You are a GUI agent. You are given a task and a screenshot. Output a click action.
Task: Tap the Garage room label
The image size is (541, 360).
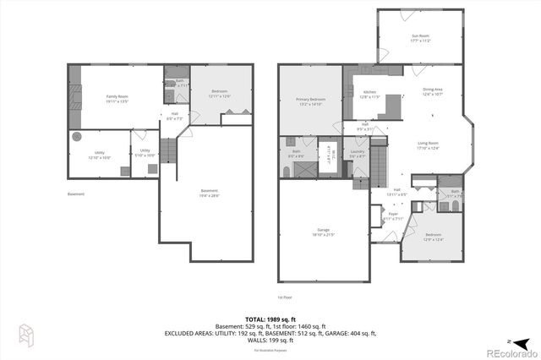pos(323,231)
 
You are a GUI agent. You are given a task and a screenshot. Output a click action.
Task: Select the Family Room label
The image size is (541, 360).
pos(117,98)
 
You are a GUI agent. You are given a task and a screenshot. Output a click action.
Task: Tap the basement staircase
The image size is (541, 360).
pos(169,151)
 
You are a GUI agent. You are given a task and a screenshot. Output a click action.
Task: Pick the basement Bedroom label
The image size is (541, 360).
pos(219,92)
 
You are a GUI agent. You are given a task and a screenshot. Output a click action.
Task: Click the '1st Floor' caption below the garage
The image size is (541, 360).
pos(285,297)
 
